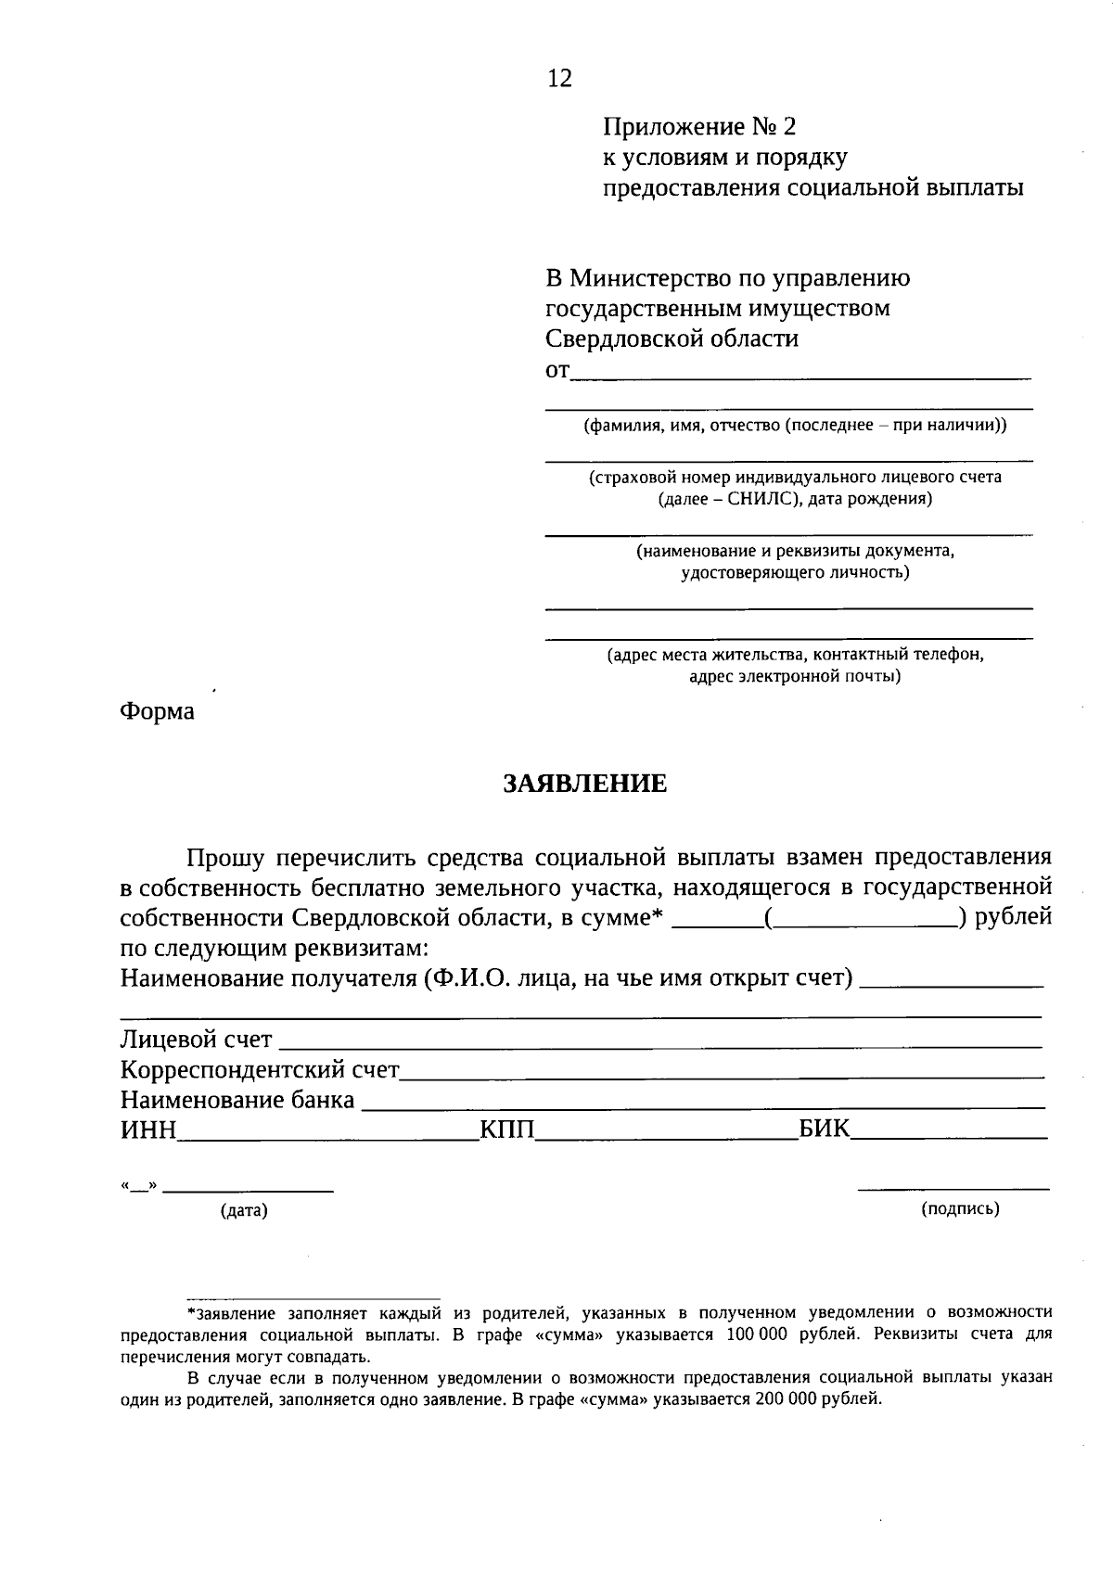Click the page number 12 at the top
coord(560,79)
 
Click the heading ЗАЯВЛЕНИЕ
coord(584,784)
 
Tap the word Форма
coord(158,711)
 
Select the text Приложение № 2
coord(700,126)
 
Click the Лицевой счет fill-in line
coord(659,1045)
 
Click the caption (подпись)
coord(960,1208)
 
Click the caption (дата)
coord(244,1210)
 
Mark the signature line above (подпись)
coord(953,1188)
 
